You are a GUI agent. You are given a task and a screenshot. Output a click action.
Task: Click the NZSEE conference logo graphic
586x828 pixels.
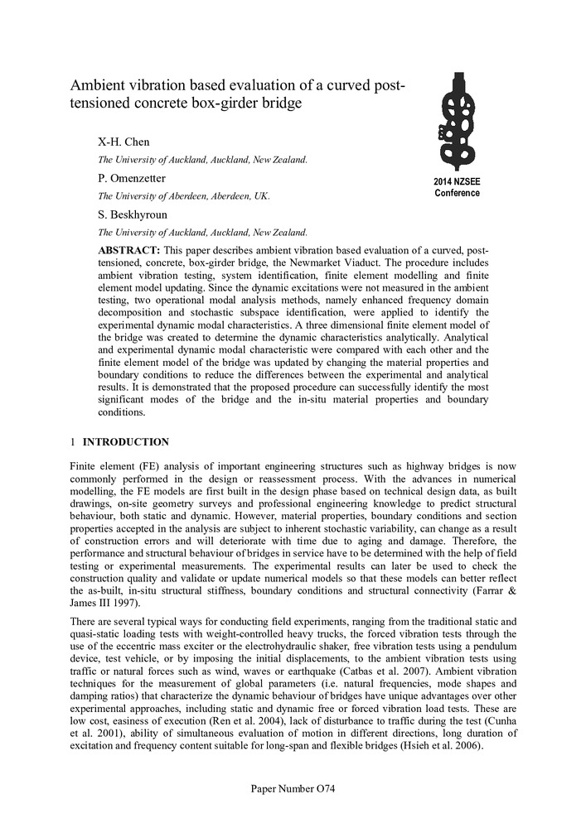[457, 121]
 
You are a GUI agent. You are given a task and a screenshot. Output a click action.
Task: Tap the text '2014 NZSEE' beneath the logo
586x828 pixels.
[457, 181]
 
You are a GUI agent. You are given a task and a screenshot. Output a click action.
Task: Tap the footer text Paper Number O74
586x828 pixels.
[293, 789]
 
